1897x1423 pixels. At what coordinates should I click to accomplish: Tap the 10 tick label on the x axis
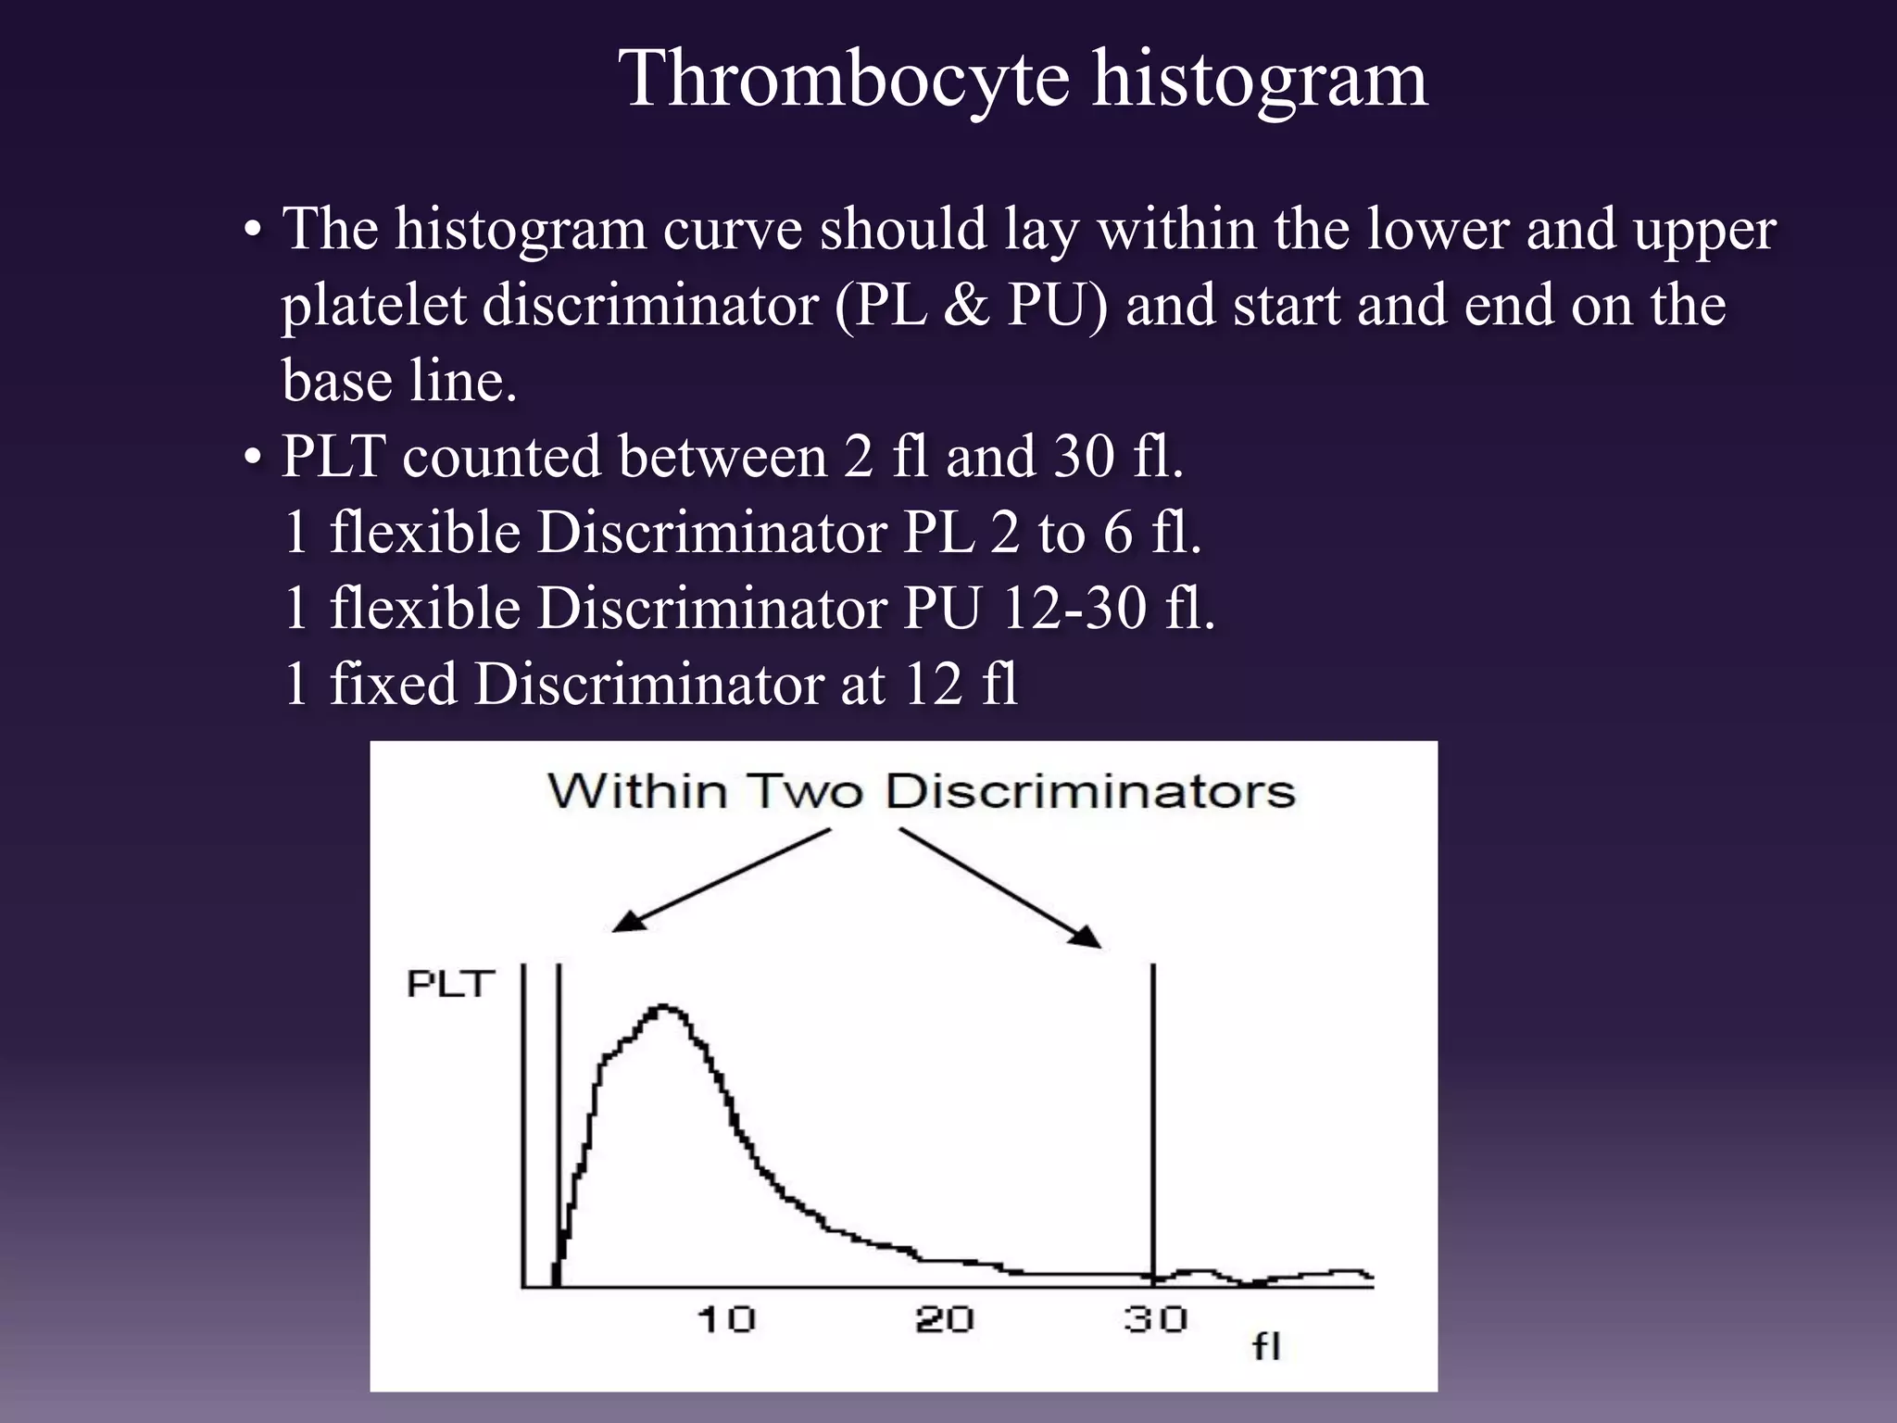[726, 1319]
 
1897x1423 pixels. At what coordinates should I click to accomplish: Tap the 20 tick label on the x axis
[944, 1319]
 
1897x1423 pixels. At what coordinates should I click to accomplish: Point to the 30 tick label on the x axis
[1156, 1319]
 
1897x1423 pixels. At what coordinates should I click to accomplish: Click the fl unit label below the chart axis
[1267, 1346]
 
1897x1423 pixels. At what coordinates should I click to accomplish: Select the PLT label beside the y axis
[450, 984]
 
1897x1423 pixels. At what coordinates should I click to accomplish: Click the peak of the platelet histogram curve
[664, 1007]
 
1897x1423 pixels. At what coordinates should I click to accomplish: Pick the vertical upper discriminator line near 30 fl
[1153, 1112]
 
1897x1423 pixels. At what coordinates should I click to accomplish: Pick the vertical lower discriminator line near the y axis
[559, 1112]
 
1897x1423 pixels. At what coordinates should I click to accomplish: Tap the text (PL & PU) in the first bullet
[970, 305]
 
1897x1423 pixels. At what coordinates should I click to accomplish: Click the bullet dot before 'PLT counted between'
[251, 458]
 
